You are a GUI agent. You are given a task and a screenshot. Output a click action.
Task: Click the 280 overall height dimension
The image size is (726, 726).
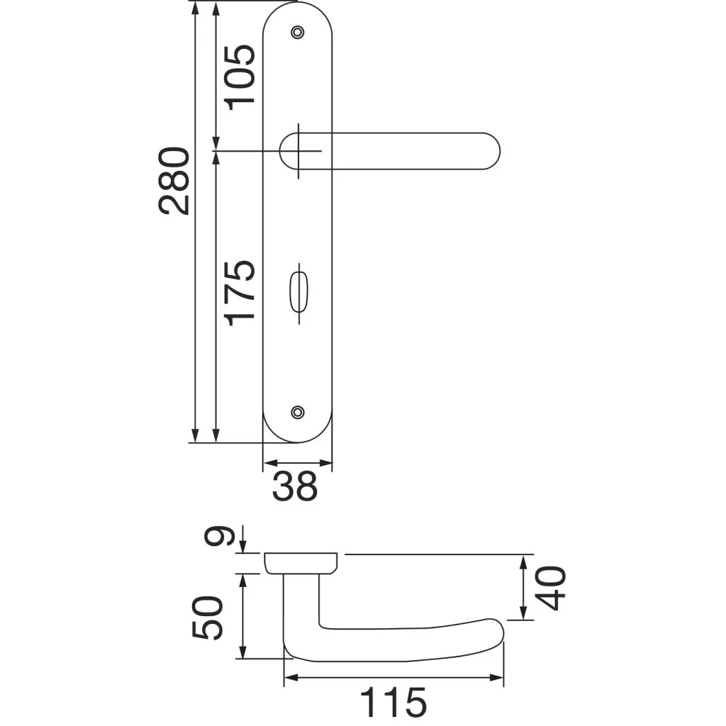[x=174, y=181]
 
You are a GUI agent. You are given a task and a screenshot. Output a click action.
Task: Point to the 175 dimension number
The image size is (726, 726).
[x=240, y=294]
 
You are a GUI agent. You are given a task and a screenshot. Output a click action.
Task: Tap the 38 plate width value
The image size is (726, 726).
[x=295, y=486]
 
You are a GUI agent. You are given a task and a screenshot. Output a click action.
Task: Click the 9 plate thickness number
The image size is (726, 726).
[x=217, y=537]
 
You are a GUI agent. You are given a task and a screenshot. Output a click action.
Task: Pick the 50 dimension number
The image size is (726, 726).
[x=207, y=618]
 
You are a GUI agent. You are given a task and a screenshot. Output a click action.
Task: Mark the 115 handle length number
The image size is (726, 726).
[x=393, y=703]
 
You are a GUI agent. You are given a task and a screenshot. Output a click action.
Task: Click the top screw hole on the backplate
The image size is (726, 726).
[x=298, y=32]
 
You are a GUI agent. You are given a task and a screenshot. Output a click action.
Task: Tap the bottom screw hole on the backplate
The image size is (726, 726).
[x=298, y=412]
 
